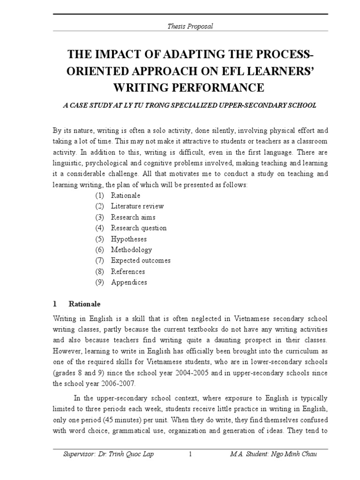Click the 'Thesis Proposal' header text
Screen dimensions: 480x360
pyautogui.click(x=190, y=26)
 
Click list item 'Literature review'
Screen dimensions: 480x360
pyautogui.click(x=137, y=206)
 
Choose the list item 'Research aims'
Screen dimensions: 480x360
pyautogui.click(x=133, y=217)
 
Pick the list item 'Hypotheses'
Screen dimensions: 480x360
pyautogui.click(x=129, y=239)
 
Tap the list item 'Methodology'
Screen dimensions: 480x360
pyautogui.click(x=131, y=250)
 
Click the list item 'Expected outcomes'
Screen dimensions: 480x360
pyautogui.click(x=141, y=261)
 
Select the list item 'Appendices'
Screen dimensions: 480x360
pyautogui.click(x=129, y=282)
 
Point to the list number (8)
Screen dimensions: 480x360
pyautogui.click(x=99, y=271)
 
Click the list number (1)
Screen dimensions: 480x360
pyautogui.click(x=99, y=195)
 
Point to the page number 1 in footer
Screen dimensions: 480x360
pyautogui.click(x=190, y=454)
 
